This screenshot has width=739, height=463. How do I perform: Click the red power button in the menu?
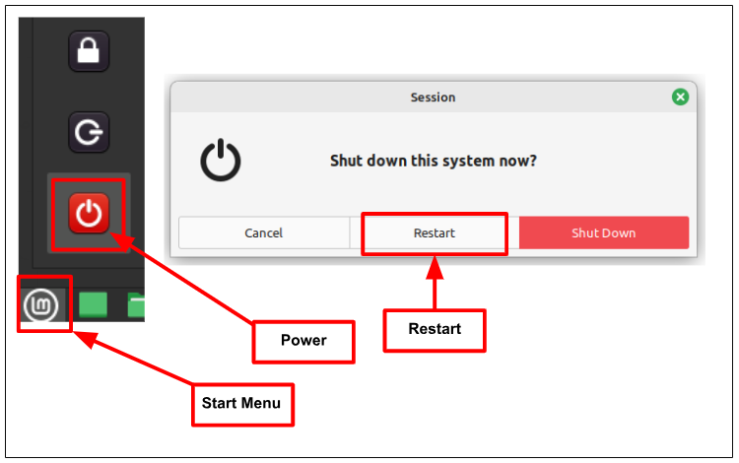[x=89, y=214]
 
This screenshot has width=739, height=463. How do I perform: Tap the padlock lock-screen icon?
[x=89, y=50]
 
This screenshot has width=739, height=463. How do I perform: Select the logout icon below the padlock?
[x=89, y=132]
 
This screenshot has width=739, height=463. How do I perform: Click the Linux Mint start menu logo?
[x=41, y=304]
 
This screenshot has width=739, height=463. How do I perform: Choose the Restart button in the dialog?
[x=434, y=233]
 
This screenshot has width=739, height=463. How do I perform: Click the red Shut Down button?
[x=603, y=233]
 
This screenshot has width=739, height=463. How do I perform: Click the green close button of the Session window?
[x=680, y=97]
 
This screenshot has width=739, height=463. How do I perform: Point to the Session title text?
[x=433, y=98]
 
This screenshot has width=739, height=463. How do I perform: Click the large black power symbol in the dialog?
[x=221, y=161]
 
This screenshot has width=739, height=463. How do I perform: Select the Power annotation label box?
[x=303, y=341]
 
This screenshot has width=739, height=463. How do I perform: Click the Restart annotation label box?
[x=434, y=329]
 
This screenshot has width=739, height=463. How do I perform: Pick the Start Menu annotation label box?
[x=241, y=403]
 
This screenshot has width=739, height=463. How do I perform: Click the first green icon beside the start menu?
[x=93, y=304]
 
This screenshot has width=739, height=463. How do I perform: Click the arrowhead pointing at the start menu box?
[x=81, y=337]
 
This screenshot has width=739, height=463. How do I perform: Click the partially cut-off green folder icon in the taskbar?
[x=136, y=304]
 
